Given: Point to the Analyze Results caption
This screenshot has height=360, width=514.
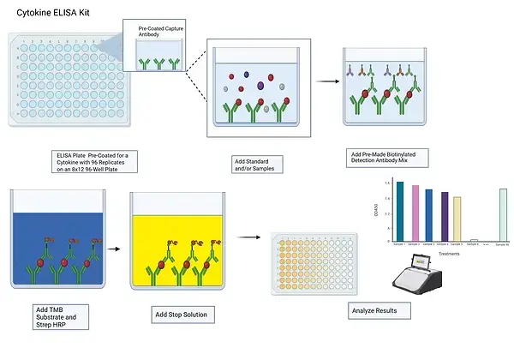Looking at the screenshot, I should click(374, 309).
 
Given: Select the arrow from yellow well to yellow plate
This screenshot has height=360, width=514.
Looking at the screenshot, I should click(248, 237).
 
